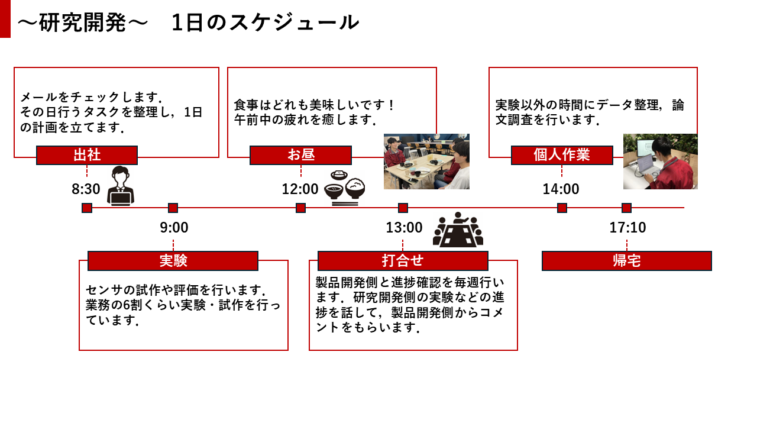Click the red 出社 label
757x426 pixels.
coord(87,155)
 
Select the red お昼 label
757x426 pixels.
coord(300,155)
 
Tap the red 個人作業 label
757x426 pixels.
coord(562,155)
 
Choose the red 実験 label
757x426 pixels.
coord(173,261)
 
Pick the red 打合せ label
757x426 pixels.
coord(403,261)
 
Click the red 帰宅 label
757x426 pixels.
coord(626,261)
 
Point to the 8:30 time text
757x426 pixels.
coord(86,189)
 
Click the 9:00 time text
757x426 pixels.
coord(174,228)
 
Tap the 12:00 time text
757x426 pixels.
coord(300,189)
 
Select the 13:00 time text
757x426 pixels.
coord(405,228)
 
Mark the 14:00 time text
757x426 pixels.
coord(561,189)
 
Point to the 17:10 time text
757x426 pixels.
coord(628,228)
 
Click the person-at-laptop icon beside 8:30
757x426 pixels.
coord(121,186)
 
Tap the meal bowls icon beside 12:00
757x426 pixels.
coord(345,188)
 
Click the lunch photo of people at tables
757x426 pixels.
coord(426,162)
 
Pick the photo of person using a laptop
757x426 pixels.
coord(660,162)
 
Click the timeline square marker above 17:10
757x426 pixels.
coord(626,208)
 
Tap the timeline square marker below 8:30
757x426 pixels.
coord(87,208)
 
